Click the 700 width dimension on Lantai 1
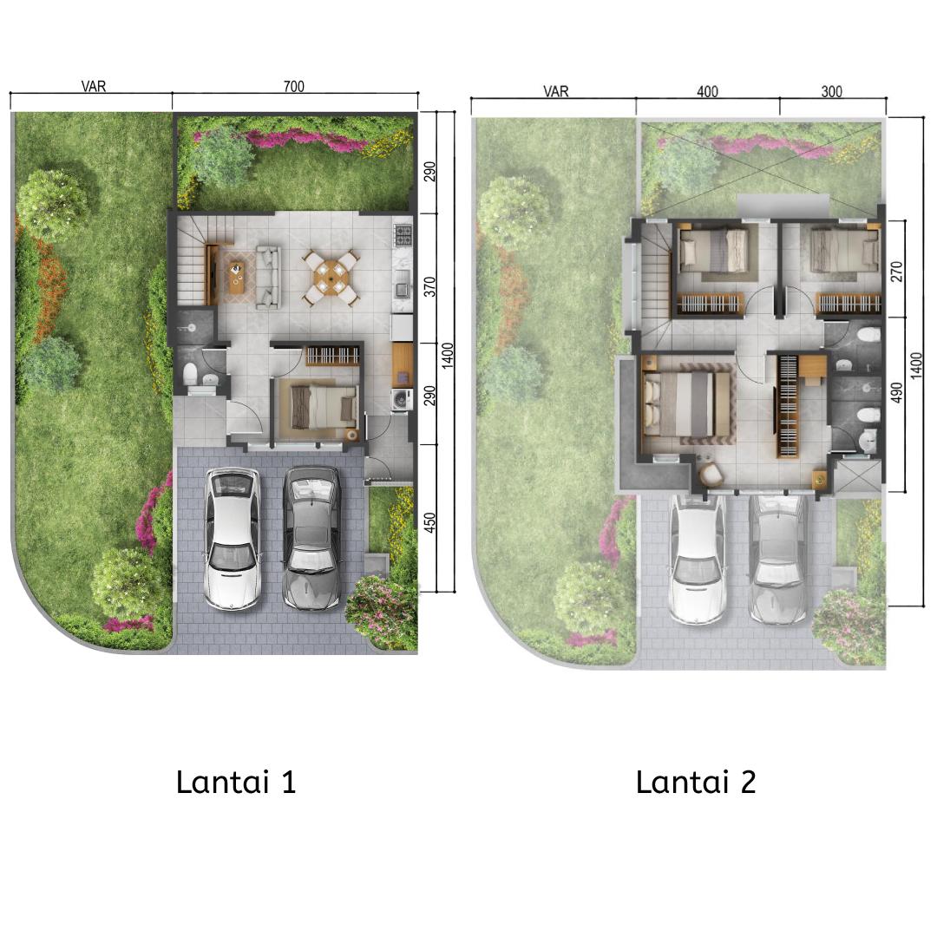click(x=293, y=86)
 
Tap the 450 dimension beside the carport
click(x=429, y=523)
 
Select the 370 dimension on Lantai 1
click(x=429, y=287)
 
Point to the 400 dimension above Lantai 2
click(x=707, y=91)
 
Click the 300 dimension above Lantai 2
click(x=831, y=91)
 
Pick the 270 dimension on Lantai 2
click(x=896, y=272)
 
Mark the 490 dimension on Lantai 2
click(x=896, y=393)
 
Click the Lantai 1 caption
click(x=236, y=782)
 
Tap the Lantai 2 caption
click(x=696, y=782)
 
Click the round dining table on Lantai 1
click(x=331, y=278)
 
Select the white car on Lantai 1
click(x=233, y=538)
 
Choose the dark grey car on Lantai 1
click(x=311, y=538)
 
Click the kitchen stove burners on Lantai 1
click(x=403, y=235)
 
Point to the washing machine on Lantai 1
click(x=400, y=399)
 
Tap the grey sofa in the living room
click(x=268, y=277)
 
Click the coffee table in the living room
click(x=237, y=276)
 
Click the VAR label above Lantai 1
click(x=94, y=86)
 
